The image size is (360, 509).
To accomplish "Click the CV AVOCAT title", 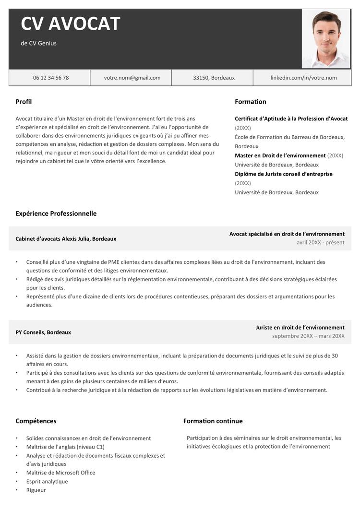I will (x=70, y=24).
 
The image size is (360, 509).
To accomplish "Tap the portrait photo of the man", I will (x=326, y=38).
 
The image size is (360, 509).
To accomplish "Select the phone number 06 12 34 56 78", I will (x=50, y=78).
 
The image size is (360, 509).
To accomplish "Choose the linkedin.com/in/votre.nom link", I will (x=303, y=78).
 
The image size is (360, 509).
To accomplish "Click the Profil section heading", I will (x=24, y=102).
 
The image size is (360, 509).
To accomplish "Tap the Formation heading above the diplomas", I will (x=250, y=102).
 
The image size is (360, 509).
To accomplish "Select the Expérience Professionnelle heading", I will (x=56, y=213).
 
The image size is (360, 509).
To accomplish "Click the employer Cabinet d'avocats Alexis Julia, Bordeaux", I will (x=66, y=238).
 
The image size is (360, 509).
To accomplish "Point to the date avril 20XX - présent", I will (x=320, y=242).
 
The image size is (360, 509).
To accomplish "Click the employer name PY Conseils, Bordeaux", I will (x=43, y=332).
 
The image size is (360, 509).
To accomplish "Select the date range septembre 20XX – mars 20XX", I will (x=308, y=336).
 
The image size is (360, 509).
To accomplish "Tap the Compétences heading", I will (x=36, y=421).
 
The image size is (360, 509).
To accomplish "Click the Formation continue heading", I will (x=213, y=421).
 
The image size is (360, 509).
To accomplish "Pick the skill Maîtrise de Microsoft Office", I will (x=60, y=473).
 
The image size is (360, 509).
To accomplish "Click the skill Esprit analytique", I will (x=47, y=481).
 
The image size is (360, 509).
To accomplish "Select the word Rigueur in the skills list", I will (x=36, y=490).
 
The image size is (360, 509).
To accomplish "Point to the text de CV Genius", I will (x=38, y=43).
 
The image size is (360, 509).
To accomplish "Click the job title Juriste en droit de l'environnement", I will (x=300, y=327).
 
